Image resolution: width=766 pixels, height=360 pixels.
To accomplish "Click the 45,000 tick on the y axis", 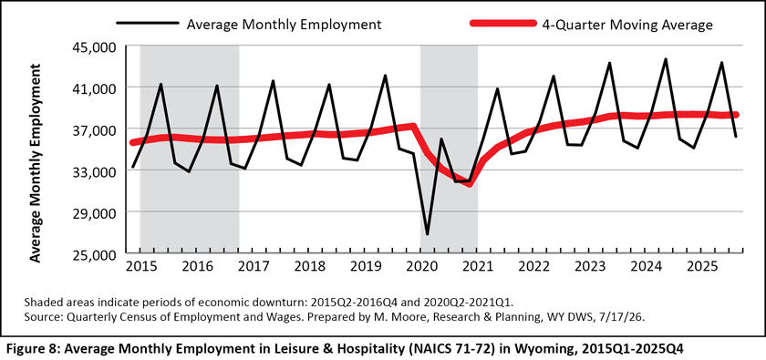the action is point(94,46).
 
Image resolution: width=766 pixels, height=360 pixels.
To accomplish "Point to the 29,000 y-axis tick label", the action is point(94,213).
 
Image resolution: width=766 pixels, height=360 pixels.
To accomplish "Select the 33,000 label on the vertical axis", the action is point(94,171).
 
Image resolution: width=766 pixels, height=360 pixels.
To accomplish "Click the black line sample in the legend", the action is point(147,23).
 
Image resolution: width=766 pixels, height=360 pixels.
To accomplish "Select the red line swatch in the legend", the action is point(502,23).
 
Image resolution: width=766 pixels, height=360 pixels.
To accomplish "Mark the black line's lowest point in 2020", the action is point(428,234).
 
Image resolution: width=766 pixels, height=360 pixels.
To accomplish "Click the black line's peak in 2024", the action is point(666,59).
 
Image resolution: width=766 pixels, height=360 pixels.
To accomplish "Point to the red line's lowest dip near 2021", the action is point(470,185).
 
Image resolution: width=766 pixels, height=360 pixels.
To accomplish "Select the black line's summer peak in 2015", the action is point(160,84).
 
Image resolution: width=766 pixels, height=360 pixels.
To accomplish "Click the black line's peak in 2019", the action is point(386,76).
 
